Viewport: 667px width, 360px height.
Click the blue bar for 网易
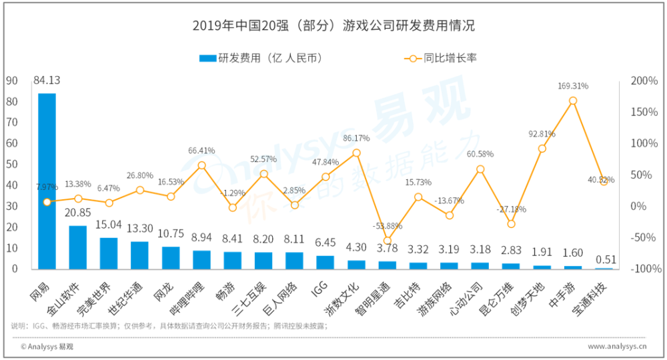point(47,180)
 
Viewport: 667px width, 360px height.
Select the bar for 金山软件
point(78,247)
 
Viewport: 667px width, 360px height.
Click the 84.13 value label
point(47,81)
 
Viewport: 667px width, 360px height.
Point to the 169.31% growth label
point(573,86)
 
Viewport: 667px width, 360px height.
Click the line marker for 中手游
point(573,101)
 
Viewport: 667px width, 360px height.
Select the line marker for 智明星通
point(388,241)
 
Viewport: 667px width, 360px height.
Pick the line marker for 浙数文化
point(356,153)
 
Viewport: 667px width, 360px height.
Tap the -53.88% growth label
point(388,226)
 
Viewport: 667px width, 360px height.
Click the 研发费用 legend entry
point(261,58)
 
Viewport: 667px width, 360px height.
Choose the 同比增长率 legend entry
point(440,58)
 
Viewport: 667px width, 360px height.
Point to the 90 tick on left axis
point(12,81)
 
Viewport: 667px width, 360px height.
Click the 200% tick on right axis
point(644,81)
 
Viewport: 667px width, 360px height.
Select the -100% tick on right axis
point(644,269)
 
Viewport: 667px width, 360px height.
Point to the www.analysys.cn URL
point(618,347)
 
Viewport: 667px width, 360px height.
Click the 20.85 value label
point(78,214)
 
